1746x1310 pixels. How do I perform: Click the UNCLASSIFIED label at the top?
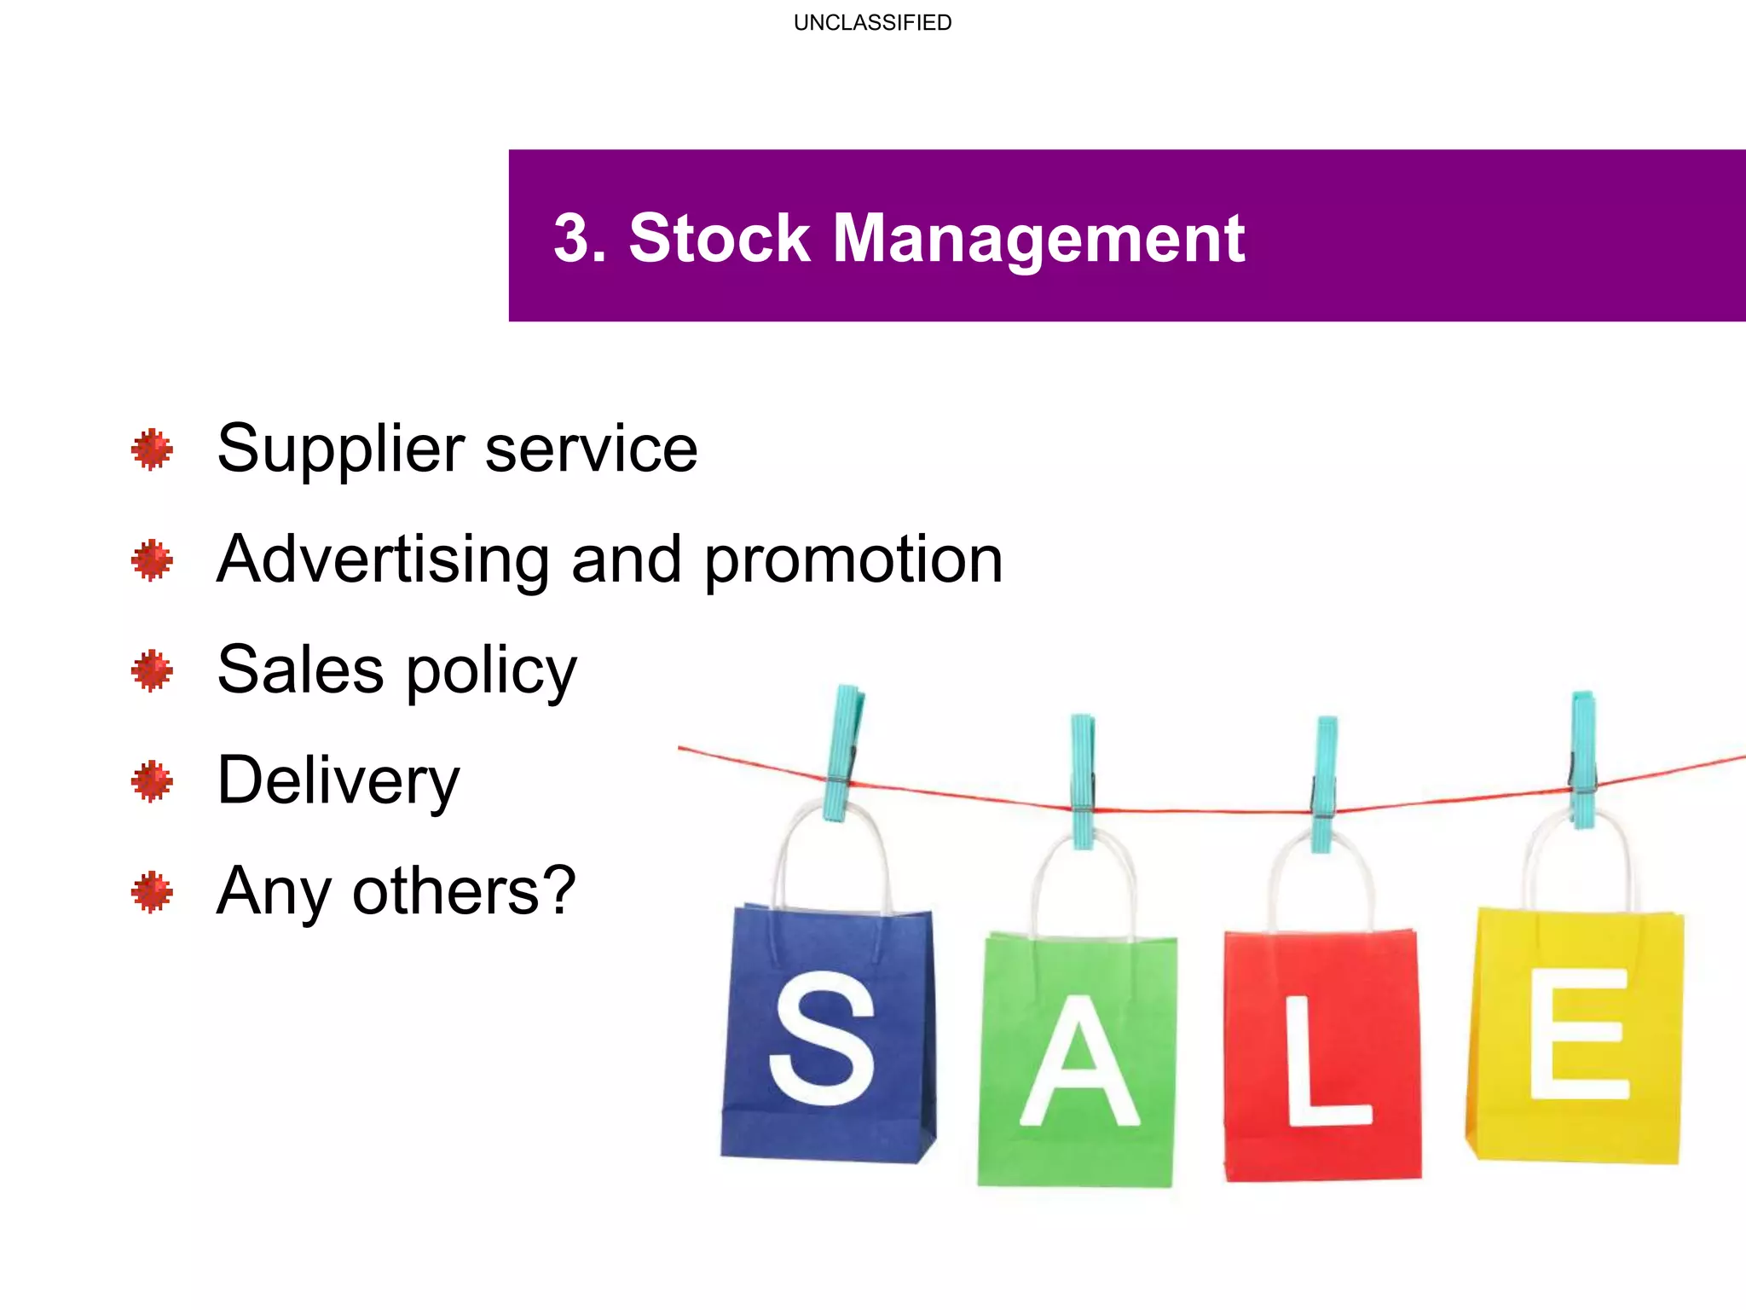point(872,23)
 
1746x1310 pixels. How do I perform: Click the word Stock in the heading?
point(719,238)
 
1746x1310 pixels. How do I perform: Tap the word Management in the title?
point(1038,240)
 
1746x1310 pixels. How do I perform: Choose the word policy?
point(491,672)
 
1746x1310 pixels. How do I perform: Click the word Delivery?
point(338,781)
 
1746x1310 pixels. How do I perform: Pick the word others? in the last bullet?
point(465,891)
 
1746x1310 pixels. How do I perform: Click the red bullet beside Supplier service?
point(153,449)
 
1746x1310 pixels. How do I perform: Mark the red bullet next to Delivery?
point(153,781)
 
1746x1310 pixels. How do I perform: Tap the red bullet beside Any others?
point(153,892)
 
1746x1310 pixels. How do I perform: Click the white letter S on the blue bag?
point(822,1037)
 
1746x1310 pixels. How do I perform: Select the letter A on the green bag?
point(1079,1061)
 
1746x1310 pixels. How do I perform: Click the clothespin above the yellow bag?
point(1583,758)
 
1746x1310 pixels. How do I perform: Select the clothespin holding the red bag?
point(1324,783)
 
